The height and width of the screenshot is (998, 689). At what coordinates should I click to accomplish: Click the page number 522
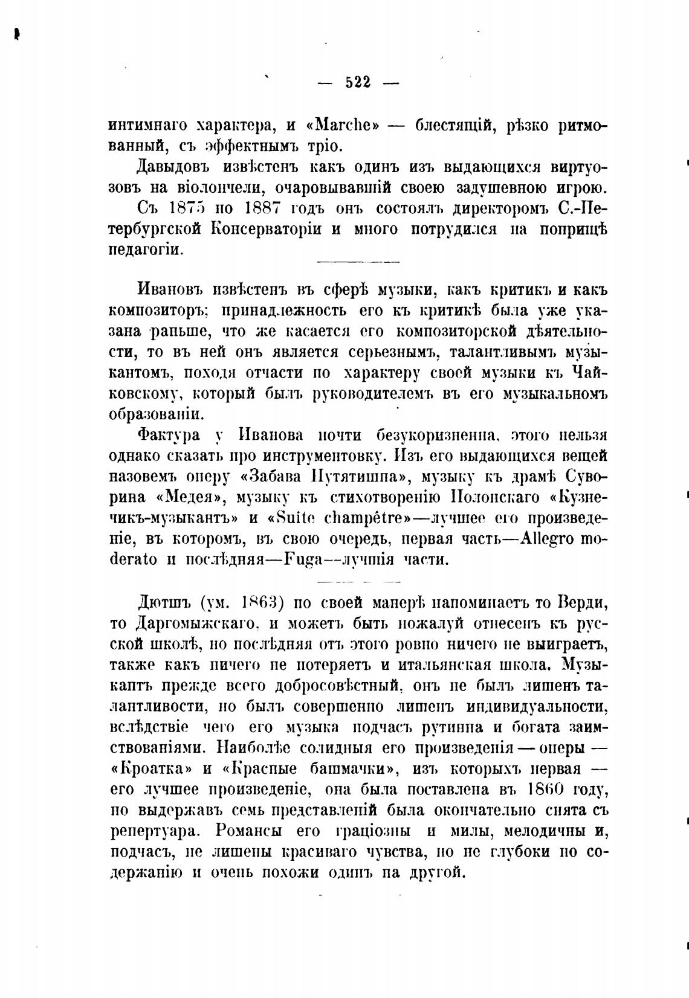[x=358, y=83]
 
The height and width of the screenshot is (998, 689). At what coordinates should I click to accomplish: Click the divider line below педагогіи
[x=358, y=262]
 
